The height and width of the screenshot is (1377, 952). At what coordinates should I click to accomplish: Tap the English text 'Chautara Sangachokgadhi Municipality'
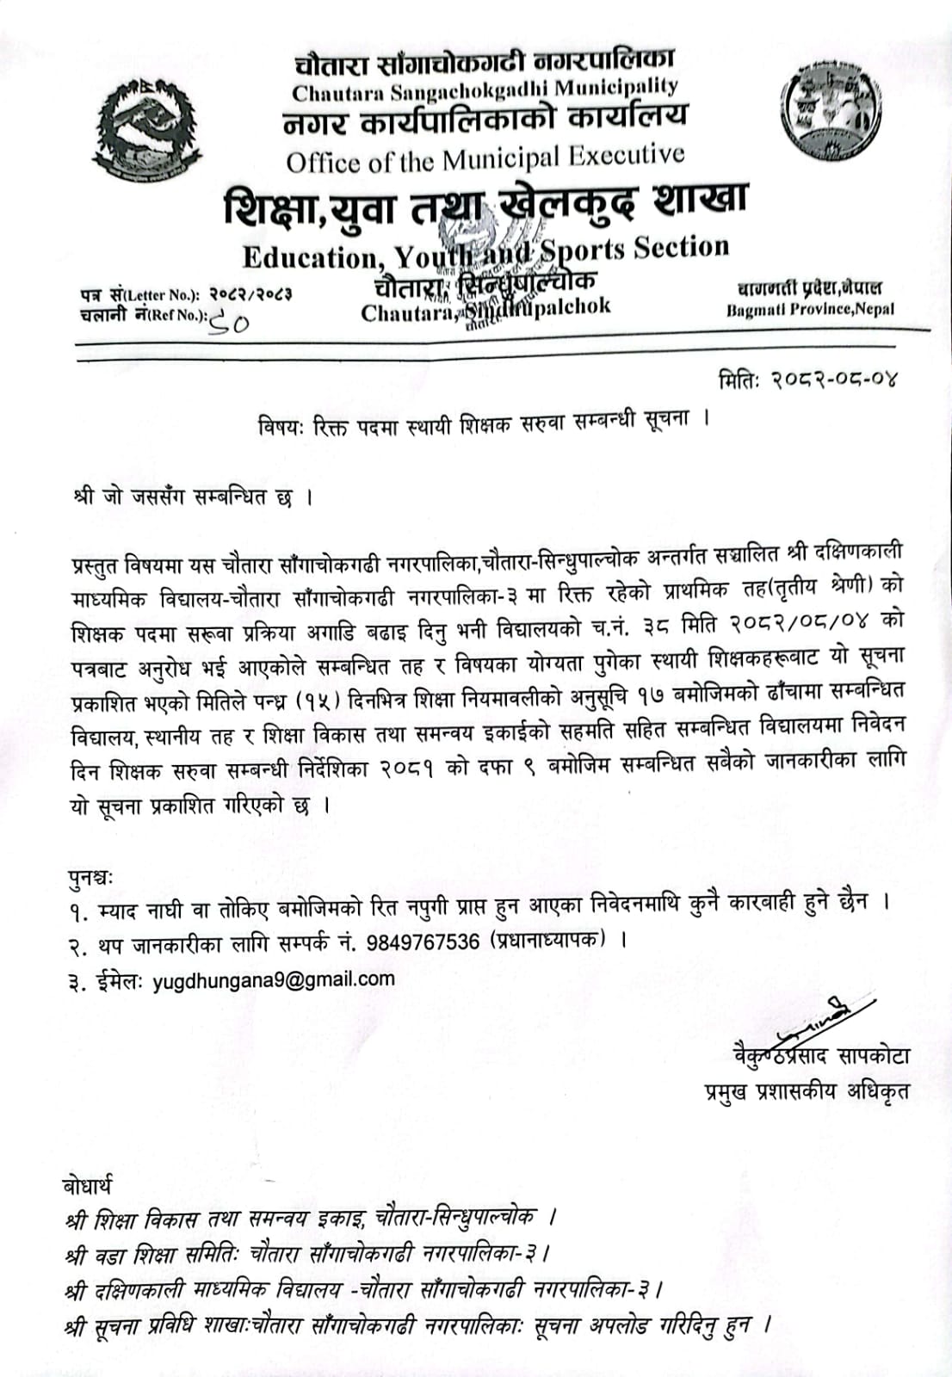pyautogui.click(x=485, y=88)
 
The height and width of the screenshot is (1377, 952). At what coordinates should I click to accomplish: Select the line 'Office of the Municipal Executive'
pyautogui.click(x=485, y=158)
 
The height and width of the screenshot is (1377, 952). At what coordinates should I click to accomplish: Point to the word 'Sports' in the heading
pyautogui.click(x=582, y=250)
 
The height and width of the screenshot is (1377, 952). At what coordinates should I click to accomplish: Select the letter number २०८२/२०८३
pyautogui.click(x=250, y=294)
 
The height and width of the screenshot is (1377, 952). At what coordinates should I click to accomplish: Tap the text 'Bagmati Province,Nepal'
pyautogui.click(x=810, y=309)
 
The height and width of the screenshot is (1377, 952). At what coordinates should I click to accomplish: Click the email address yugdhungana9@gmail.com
pyautogui.click(x=274, y=979)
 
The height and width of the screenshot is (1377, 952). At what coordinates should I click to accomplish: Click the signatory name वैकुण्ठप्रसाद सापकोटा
pyautogui.click(x=817, y=1055)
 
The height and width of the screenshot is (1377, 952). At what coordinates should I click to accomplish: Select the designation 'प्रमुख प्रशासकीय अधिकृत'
pyautogui.click(x=807, y=1091)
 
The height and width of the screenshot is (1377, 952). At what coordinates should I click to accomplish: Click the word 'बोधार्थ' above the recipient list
pyautogui.click(x=87, y=1185)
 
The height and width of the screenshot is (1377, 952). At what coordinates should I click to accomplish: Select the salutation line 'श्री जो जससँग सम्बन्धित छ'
pyautogui.click(x=193, y=498)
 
